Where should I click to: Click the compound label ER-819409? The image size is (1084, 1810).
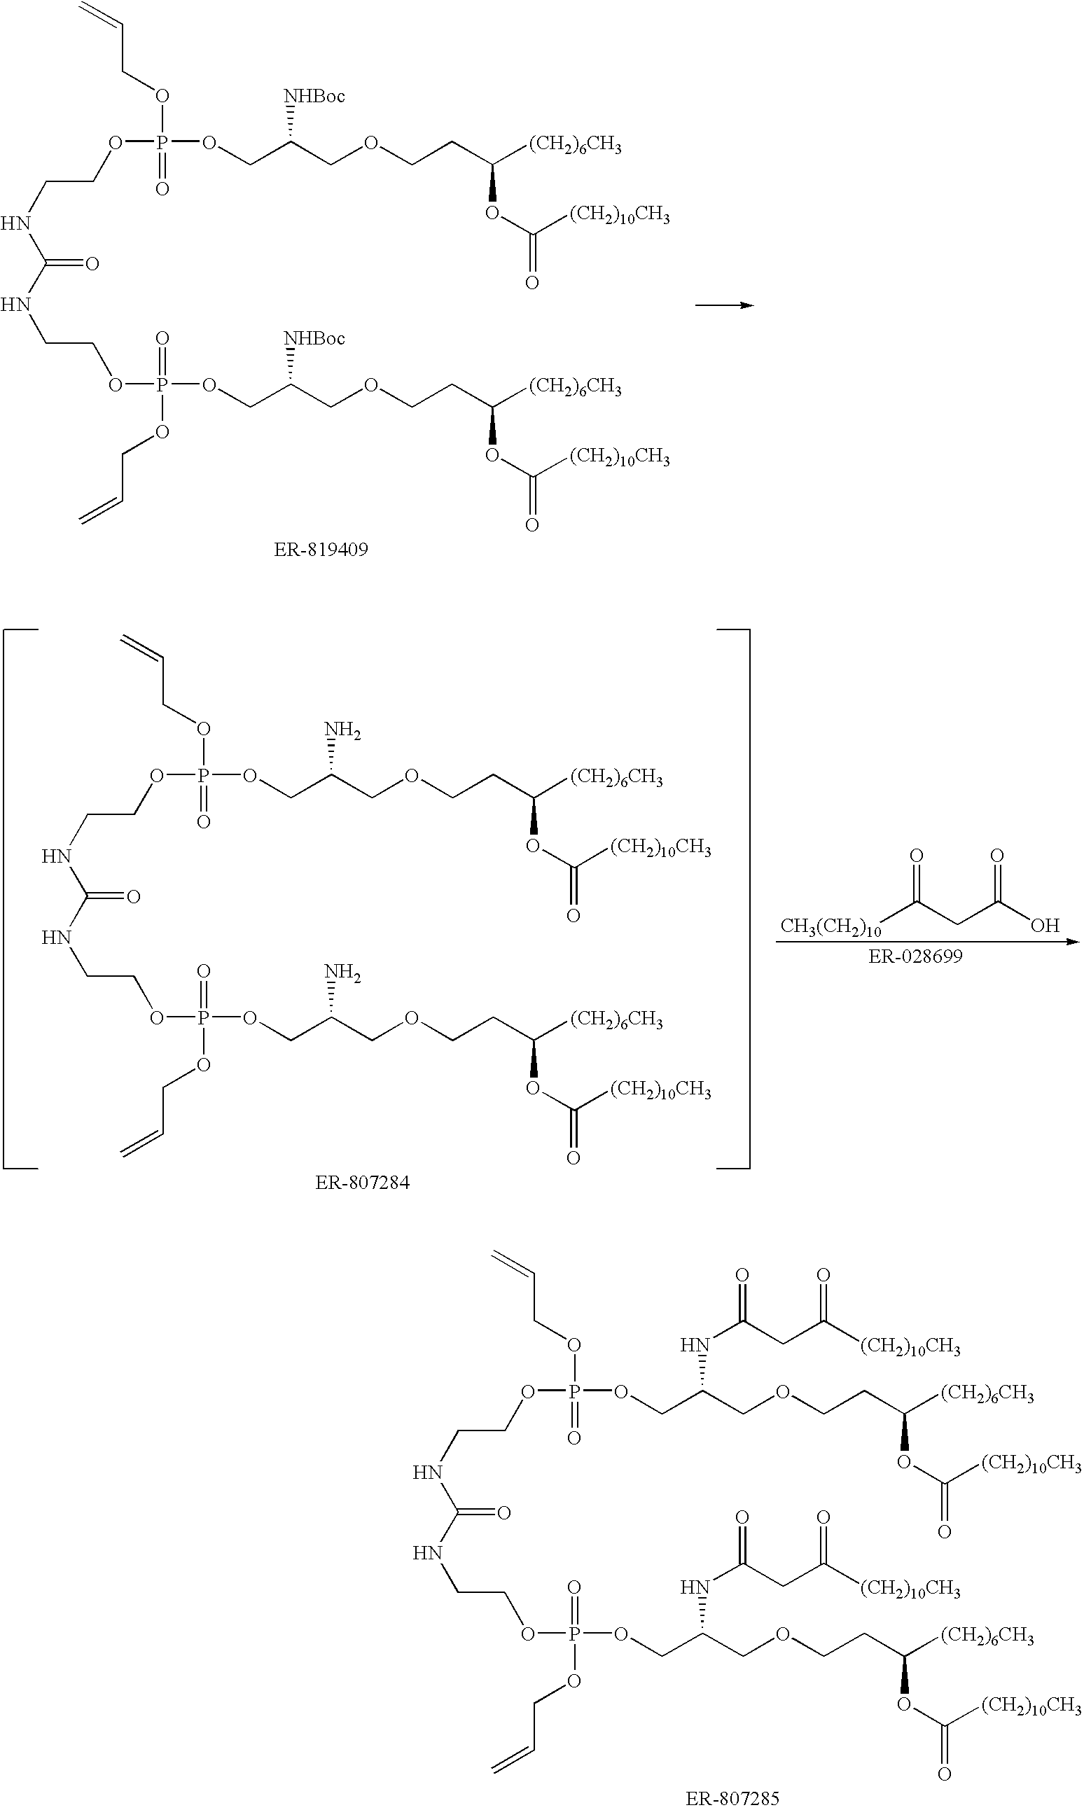coord(321,549)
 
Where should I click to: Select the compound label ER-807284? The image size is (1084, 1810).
coord(362,1182)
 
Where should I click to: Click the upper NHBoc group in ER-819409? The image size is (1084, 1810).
coord(314,97)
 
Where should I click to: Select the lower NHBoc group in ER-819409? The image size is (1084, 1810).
coord(314,339)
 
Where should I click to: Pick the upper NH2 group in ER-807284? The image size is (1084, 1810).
coord(342,730)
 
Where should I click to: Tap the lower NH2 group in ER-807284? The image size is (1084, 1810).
coord(342,972)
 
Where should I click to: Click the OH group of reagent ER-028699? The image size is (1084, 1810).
coord(1045,926)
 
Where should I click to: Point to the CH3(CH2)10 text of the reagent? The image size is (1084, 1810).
coord(831,927)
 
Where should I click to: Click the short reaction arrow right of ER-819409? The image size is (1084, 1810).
coord(723,305)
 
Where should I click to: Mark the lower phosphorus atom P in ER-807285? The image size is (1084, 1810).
coord(574,1635)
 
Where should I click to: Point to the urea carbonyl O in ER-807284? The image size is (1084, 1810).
coord(134,897)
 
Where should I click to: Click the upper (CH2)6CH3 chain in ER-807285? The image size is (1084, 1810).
coord(986,1394)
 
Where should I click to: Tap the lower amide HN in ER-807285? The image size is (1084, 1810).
coord(695,1587)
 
